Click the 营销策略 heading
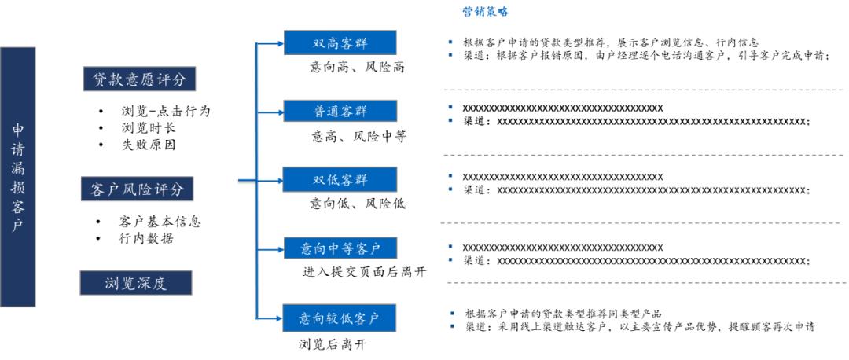(485, 12)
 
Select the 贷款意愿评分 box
(139, 79)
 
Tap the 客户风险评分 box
(138, 189)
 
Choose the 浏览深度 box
(137, 283)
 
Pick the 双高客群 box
(340, 43)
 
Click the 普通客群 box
(340, 112)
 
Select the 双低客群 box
(340, 180)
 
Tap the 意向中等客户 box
(340, 249)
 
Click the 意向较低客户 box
(340, 318)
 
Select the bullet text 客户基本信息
(160, 222)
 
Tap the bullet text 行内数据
(146, 238)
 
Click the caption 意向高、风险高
(357, 68)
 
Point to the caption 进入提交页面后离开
(364, 272)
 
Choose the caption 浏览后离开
(333, 343)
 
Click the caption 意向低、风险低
(358, 204)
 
